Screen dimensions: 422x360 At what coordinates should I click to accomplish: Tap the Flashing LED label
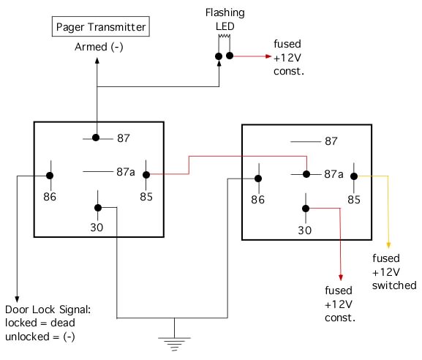point(225,19)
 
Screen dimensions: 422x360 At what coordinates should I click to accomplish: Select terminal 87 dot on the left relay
point(96,138)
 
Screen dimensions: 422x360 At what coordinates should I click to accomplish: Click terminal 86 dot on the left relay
point(50,176)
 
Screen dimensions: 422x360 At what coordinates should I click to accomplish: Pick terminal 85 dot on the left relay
point(146,175)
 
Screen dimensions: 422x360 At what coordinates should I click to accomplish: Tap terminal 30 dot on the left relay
point(98,208)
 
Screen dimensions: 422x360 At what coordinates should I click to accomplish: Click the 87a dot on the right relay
point(306,174)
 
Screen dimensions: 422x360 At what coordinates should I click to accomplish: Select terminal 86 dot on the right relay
point(258,179)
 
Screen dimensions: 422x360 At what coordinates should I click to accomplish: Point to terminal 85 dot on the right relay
point(354,176)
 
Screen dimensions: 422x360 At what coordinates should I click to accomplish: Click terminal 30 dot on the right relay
point(306,209)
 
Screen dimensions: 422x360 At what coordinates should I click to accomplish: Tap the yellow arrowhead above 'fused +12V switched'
point(388,245)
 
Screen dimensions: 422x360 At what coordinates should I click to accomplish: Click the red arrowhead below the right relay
point(341,277)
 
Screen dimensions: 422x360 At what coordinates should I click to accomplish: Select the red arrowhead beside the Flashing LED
point(268,56)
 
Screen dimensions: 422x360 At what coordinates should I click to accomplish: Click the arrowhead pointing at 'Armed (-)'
point(97,60)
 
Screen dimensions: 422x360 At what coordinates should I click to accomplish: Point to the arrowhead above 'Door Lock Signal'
point(17,299)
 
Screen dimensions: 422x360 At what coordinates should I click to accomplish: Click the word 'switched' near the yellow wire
point(394,285)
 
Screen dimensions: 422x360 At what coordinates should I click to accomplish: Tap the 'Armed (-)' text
point(99,47)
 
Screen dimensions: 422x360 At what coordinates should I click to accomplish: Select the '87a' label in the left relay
point(125,172)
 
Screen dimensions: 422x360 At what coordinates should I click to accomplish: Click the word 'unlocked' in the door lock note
point(27,337)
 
